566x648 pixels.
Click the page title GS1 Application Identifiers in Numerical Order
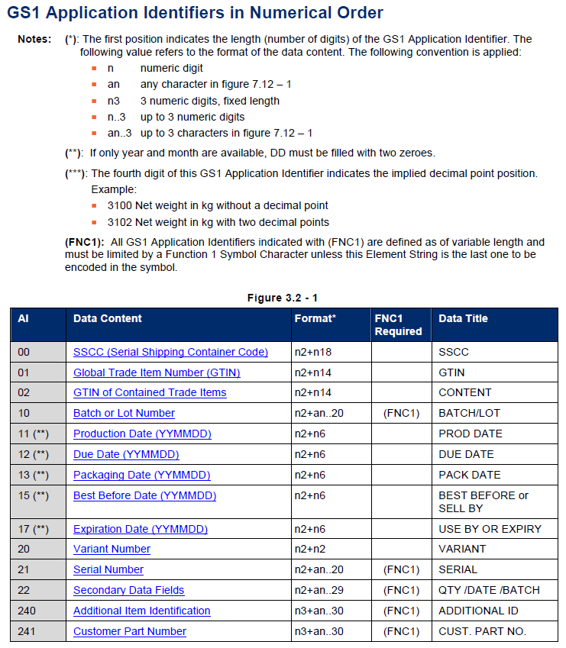coord(196,13)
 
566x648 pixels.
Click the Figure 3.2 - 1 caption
coord(282,298)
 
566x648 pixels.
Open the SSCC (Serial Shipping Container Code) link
coord(170,352)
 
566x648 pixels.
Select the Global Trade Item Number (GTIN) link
coord(157,372)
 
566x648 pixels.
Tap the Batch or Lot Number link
coord(124,413)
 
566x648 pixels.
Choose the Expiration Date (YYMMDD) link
coord(141,529)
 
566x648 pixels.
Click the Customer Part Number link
coord(130,631)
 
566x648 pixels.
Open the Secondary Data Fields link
coord(128,590)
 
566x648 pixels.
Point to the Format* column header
coord(315,318)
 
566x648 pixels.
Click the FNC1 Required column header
coord(398,324)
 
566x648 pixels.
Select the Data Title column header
coord(463,318)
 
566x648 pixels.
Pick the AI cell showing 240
coord(27,611)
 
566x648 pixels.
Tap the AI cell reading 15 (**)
coord(34,495)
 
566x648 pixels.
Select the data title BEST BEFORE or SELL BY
coord(483,501)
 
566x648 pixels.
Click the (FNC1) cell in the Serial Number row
coord(401,569)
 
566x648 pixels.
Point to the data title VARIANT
coord(461,549)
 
